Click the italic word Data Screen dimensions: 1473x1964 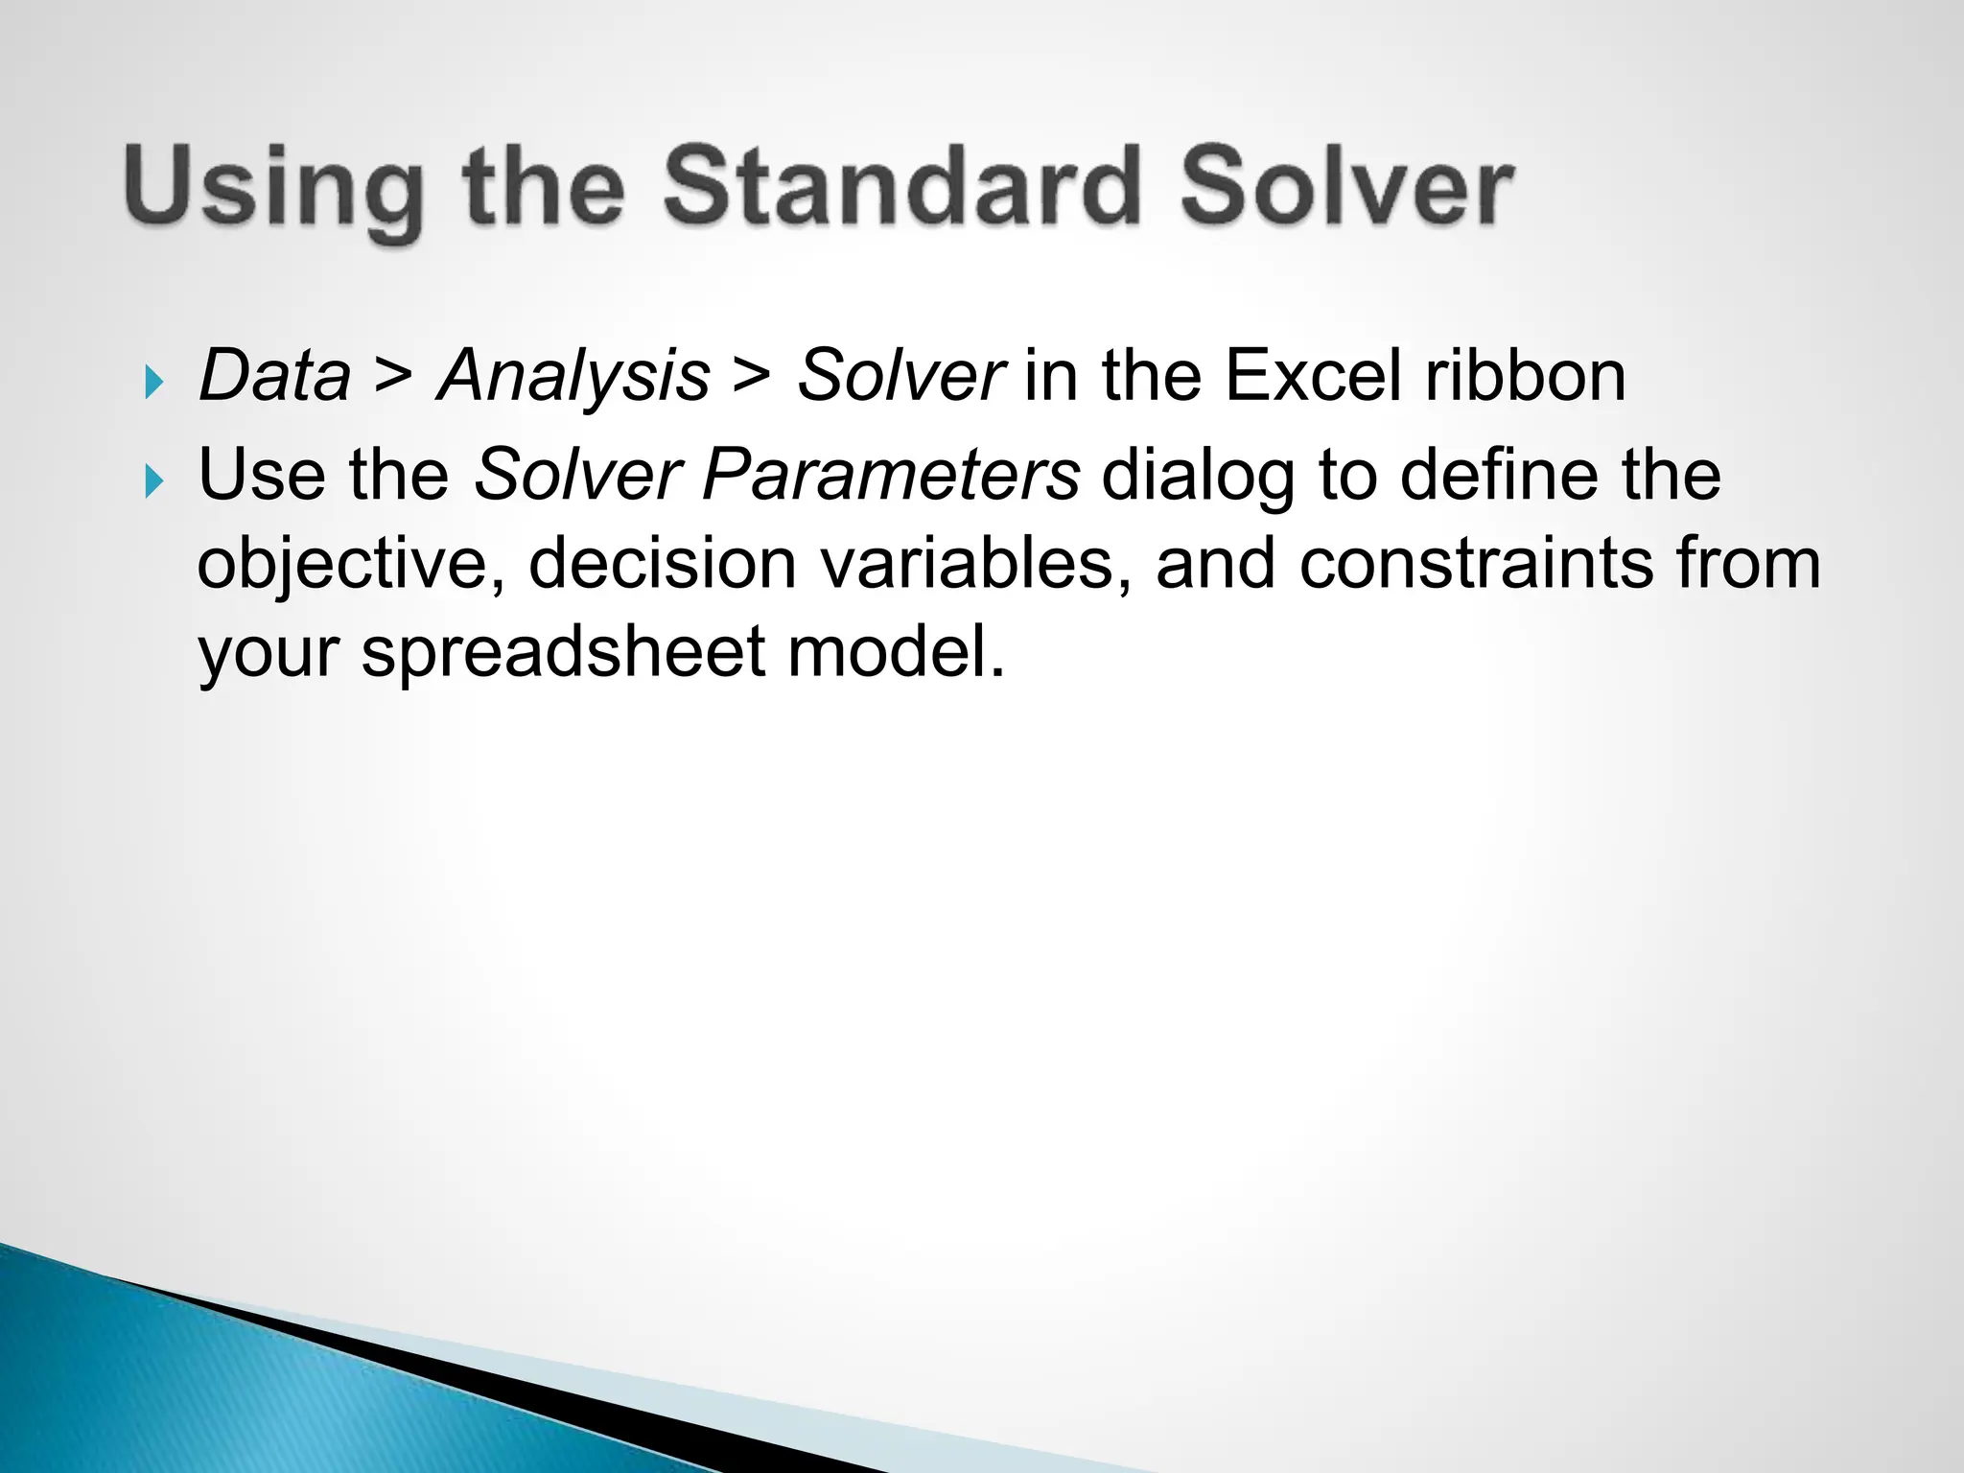[274, 375]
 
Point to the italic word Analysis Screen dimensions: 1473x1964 [573, 375]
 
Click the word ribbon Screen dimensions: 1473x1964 [1525, 375]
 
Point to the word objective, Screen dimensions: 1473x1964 [351, 564]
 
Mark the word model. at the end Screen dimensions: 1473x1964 [896, 650]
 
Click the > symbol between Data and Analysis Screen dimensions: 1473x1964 [393, 375]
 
